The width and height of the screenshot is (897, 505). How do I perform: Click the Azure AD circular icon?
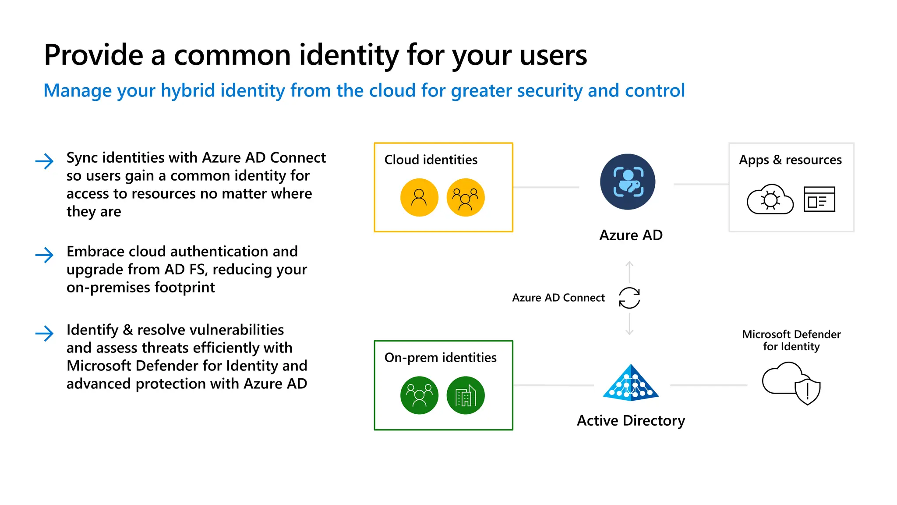click(x=628, y=181)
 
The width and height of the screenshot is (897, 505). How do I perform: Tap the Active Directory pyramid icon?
click(x=631, y=383)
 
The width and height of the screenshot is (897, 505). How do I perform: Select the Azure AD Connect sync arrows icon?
click(x=629, y=298)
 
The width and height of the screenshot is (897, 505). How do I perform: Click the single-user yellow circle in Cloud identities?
click(x=419, y=197)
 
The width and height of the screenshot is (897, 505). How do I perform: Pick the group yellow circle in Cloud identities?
click(x=465, y=197)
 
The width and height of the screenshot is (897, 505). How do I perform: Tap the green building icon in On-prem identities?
click(x=465, y=395)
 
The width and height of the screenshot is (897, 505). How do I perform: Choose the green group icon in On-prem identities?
click(x=419, y=395)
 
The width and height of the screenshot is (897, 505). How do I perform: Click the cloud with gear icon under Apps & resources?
click(x=770, y=199)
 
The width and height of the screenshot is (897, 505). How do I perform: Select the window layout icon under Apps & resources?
click(x=819, y=199)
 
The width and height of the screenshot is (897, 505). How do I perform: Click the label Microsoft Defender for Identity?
click(x=791, y=340)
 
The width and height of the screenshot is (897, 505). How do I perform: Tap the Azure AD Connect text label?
click(x=558, y=298)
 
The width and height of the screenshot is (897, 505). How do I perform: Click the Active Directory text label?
click(x=631, y=420)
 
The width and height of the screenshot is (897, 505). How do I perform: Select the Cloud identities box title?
click(x=431, y=160)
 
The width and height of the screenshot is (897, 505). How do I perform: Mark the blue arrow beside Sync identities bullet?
click(x=44, y=161)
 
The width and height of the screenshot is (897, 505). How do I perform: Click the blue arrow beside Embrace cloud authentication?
click(x=44, y=255)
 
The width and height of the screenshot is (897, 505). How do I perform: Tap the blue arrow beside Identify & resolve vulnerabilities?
click(x=44, y=333)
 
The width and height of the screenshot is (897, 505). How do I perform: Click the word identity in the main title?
click(x=349, y=55)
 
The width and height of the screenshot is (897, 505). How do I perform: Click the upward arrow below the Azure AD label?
click(x=629, y=271)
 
